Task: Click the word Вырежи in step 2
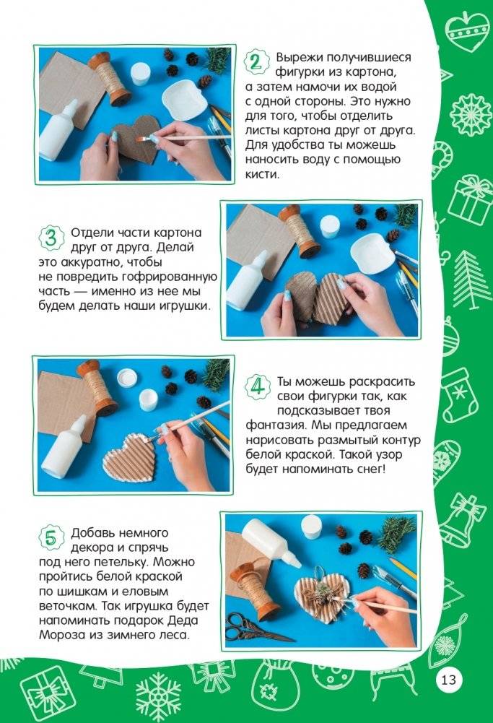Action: tap(299, 57)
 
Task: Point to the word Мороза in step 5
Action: tap(57, 634)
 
